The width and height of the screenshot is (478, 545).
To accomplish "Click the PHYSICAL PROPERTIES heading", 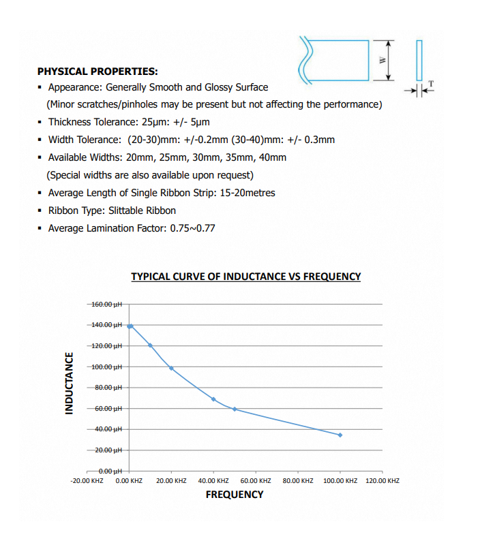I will pos(98,70).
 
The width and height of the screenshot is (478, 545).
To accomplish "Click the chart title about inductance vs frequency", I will pos(245,276).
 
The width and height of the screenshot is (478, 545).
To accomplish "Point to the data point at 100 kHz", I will pos(340,435).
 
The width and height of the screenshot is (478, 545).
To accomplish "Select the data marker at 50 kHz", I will pos(235,409).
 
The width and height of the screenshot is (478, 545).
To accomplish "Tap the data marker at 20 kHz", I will pos(171,368).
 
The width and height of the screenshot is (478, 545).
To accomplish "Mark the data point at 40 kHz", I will pos(213,399).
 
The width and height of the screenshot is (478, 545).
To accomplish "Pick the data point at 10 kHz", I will pos(150,345).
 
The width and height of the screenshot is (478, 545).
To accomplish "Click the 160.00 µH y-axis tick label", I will pos(106,304).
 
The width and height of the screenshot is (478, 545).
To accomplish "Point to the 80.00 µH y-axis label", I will pos(108,388).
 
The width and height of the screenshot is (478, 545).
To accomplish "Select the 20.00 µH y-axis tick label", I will pos(108,450).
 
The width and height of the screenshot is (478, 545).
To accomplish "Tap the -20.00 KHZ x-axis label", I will pos(87,481).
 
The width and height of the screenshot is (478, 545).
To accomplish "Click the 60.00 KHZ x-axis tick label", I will pos(256,481).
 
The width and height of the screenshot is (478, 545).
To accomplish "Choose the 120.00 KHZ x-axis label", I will pos(382,481).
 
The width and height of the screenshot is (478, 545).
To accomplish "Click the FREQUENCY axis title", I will pos(235,495).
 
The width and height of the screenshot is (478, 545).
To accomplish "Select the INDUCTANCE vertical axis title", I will pos(68,383).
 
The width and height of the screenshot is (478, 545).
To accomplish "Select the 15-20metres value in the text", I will pos(248,193).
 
